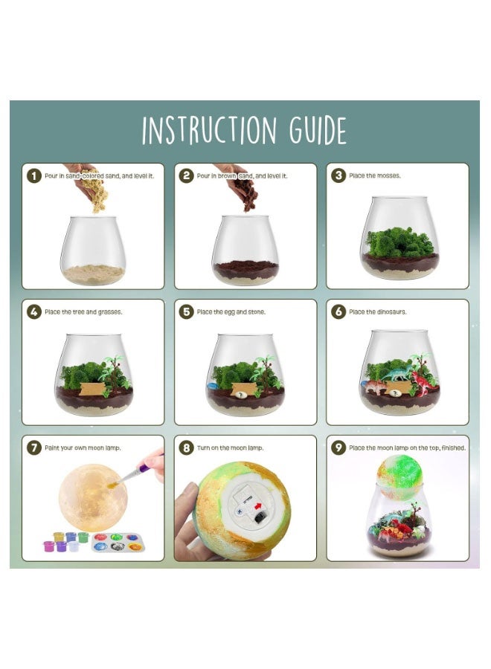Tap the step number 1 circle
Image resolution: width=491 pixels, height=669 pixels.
pyautogui.click(x=33, y=176)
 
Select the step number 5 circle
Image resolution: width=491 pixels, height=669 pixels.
pyautogui.click(x=186, y=312)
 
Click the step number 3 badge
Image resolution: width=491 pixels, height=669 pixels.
pyautogui.click(x=338, y=176)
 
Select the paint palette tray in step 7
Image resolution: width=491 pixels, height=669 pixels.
pyautogui.click(x=118, y=544)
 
